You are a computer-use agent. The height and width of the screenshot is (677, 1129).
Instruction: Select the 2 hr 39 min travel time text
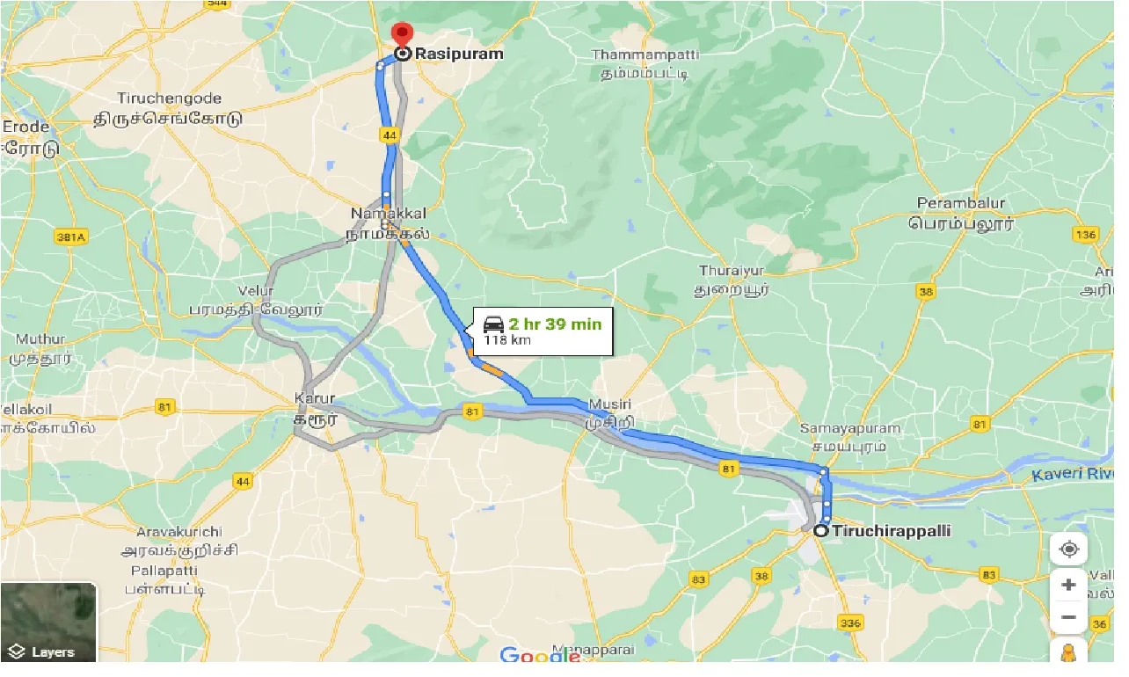tap(555, 324)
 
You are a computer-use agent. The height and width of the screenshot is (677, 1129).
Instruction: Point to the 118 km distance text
tap(507, 340)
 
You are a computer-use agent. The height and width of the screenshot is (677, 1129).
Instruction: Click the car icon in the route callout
tap(493, 325)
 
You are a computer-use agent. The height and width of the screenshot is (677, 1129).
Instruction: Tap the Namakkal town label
tap(388, 214)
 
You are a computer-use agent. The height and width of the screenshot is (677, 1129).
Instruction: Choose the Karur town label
tap(315, 398)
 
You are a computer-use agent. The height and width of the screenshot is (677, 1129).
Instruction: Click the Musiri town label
tap(610, 404)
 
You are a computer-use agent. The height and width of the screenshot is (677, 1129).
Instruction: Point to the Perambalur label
tap(960, 204)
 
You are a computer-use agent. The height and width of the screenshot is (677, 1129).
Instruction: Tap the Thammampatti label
tap(645, 55)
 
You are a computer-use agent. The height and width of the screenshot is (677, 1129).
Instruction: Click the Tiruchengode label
tap(170, 98)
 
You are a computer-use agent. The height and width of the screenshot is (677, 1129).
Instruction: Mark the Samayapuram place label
tap(850, 429)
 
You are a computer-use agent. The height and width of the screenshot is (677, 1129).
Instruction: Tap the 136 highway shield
tap(1085, 235)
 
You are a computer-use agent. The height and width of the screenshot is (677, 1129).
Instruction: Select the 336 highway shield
tap(850, 623)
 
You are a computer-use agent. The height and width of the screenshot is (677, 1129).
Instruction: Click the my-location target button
tap(1068, 550)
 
